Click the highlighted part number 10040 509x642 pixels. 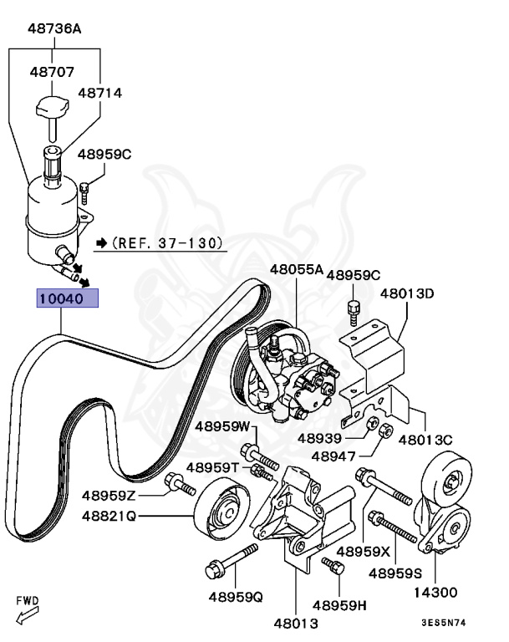point(66,298)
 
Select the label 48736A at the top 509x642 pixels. point(55,28)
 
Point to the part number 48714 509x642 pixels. point(100,93)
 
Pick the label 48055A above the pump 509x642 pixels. point(296,270)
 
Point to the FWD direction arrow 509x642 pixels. point(28,618)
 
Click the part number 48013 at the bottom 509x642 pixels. point(296,623)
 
